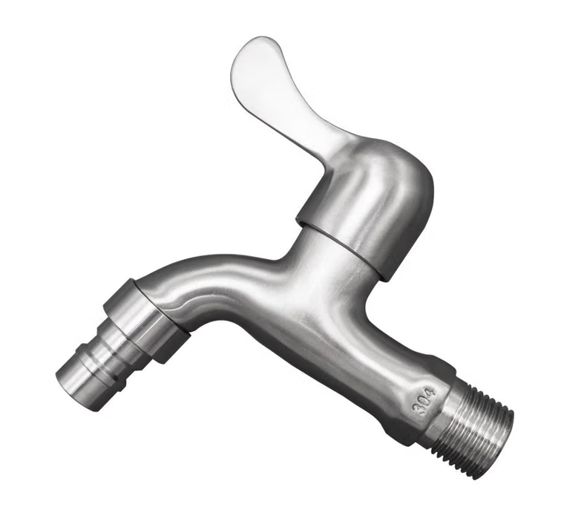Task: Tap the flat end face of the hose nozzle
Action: pos(73,390)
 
